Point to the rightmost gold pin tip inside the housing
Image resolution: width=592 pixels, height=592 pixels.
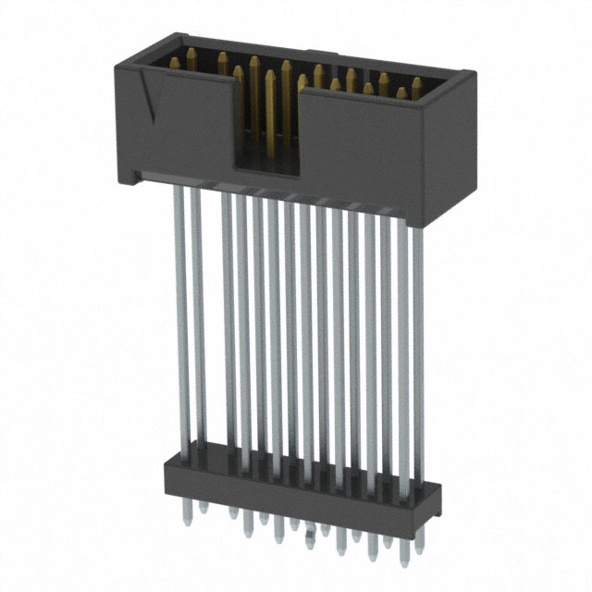[416, 86]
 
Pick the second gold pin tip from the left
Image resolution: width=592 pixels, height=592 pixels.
[191, 57]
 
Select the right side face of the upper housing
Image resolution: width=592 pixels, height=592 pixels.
[448, 148]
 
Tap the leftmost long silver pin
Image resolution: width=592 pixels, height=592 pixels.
[182, 314]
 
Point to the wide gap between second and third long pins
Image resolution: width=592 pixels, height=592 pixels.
[212, 314]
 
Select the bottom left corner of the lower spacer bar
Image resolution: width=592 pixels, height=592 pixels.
[166, 485]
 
